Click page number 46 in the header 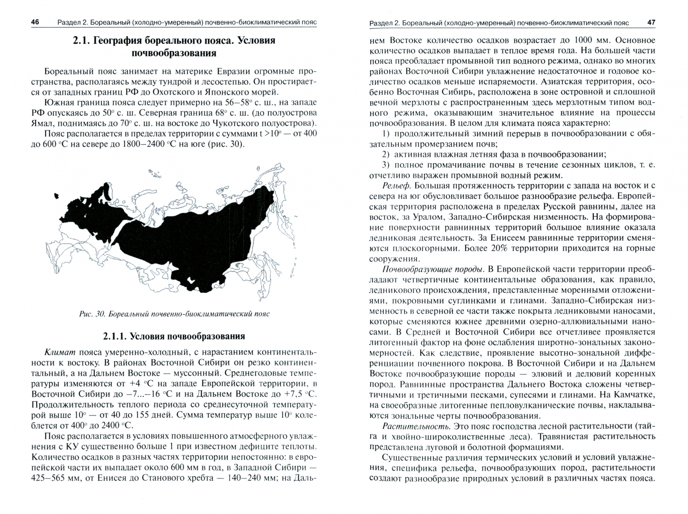tap(35, 22)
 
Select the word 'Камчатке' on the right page tap(633, 395)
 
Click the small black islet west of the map tap(57, 195)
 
